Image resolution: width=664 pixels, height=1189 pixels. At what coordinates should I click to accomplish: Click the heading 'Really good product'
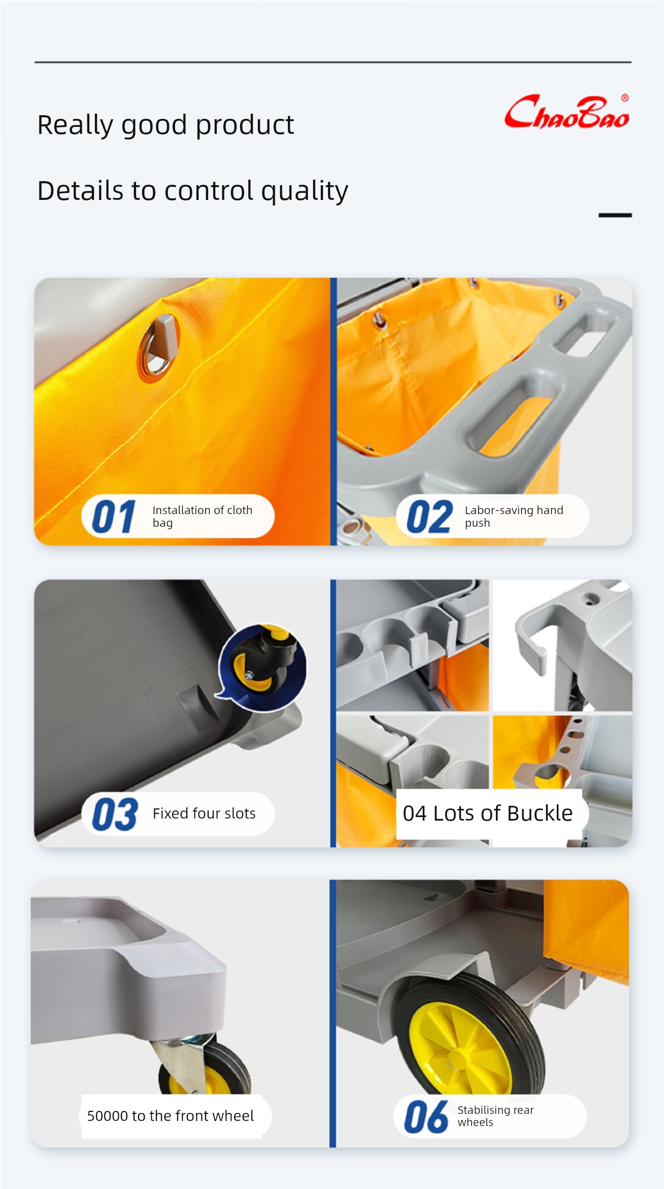click(x=165, y=125)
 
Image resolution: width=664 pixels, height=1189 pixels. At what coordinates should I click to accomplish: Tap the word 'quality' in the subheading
click(x=305, y=192)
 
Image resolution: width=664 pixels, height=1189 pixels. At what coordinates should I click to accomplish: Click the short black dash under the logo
click(x=615, y=215)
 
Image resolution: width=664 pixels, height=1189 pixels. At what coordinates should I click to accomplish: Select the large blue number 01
click(x=114, y=517)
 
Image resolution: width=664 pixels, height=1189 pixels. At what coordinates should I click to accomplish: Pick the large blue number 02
click(x=429, y=517)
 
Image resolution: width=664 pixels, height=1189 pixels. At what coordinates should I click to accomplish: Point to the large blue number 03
click(x=115, y=814)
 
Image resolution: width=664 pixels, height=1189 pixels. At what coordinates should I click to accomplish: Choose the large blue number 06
click(x=426, y=1116)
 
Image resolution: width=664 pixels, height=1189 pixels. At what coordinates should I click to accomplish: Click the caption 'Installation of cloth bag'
click(x=203, y=517)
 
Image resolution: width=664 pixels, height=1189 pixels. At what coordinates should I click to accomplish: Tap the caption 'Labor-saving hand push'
click(x=514, y=517)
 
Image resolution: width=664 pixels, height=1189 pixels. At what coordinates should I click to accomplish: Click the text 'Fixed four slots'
click(x=204, y=813)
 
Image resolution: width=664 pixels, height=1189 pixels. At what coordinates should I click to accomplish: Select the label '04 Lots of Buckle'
click(x=488, y=813)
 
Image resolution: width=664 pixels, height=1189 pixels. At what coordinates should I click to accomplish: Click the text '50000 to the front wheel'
click(x=171, y=1116)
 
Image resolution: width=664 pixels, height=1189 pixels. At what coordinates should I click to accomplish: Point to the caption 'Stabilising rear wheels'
click(x=495, y=1116)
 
